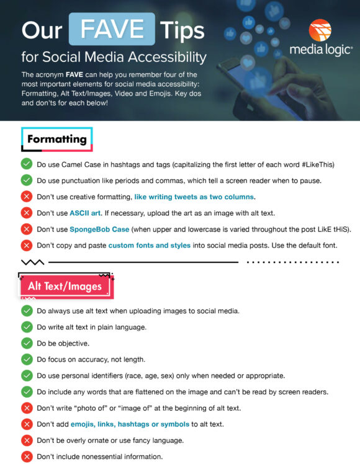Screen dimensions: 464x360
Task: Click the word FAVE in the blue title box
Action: [111, 29]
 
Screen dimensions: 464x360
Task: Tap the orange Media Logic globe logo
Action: [320, 31]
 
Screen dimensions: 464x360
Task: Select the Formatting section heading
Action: [56, 139]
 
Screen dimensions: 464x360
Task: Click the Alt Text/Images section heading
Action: [65, 286]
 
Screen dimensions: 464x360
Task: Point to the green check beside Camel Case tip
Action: [27, 164]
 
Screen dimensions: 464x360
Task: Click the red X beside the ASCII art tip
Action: [27, 213]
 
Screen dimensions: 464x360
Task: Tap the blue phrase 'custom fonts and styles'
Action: [149, 245]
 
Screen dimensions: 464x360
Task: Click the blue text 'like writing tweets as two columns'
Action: [194, 197]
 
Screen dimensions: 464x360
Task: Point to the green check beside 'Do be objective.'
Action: [27, 343]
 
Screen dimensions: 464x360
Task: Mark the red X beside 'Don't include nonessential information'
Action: [27, 457]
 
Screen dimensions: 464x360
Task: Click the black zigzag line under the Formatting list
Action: [32, 262]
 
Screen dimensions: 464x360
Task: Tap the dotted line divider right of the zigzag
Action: [294, 262]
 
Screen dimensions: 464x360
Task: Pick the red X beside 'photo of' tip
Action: [27, 408]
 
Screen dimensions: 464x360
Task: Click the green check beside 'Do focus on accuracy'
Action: [27, 359]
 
